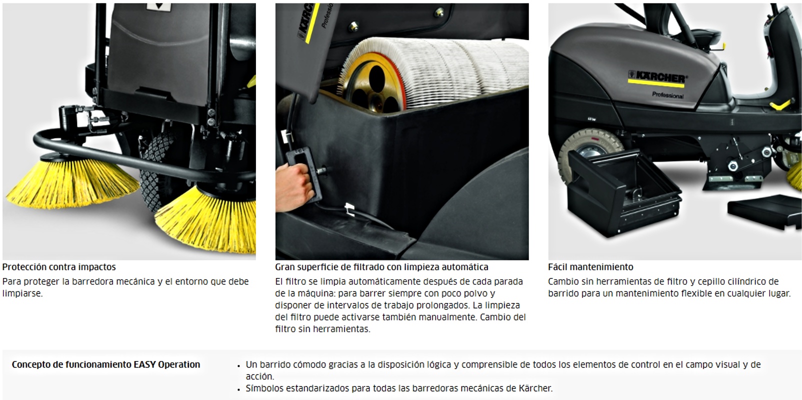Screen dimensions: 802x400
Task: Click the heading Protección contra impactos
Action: pos(59,267)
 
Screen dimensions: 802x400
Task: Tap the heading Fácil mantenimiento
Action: pos(590,267)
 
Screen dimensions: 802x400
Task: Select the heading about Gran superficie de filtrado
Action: pos(381,267)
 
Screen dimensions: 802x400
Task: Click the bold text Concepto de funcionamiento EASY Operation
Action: pos(106,364)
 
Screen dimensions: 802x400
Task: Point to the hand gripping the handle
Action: pos(292,186)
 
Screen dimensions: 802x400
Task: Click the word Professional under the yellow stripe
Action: pos(667,95)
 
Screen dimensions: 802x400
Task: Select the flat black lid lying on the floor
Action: pos(764,211)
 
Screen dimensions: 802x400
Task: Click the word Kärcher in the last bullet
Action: pos(535,388)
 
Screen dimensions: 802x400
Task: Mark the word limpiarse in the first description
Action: pos(22,293)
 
